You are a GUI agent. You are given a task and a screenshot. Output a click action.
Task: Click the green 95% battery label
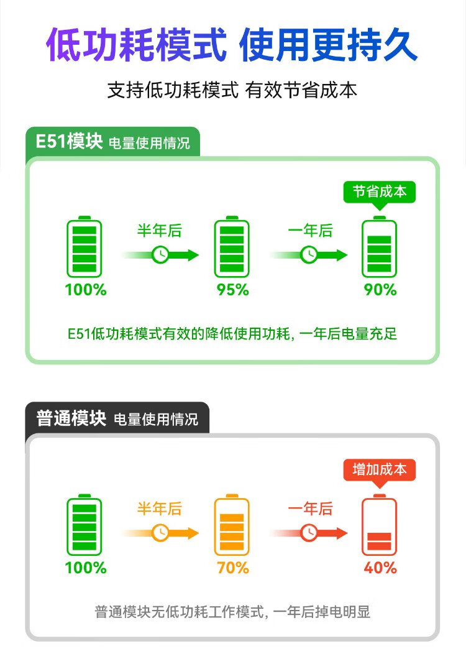[x=232, y=290]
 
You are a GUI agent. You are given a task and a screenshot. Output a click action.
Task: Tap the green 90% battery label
[x=380, y=290]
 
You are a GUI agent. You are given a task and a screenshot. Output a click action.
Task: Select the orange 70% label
[x=232, y=568]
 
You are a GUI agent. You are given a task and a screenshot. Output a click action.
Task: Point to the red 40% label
[x=380, y=568]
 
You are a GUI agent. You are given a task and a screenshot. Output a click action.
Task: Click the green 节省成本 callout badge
[x=380, y=192]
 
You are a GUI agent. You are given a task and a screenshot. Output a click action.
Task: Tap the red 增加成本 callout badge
[x=380, y=469]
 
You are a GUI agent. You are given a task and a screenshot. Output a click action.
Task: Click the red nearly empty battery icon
[x=380, y=526]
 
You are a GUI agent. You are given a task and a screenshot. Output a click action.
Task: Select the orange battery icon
[x=232, y=526]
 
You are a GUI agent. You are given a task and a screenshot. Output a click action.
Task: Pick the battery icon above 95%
[x=232, y=248]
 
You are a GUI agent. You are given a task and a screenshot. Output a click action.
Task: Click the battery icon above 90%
[x=380, y=248]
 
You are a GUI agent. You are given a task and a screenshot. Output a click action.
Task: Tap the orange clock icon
[x=160, y=533]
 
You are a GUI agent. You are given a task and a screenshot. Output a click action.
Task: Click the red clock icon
[x=309, y=533]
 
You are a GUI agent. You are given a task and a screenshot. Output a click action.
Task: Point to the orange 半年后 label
[x=160, y=509]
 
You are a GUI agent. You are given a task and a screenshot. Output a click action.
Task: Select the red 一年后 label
[x=310, y=509]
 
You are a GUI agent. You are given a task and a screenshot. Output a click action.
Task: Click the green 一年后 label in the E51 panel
[x=310, y=231]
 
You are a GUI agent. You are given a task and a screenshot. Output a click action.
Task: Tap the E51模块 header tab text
[x=68, y=142]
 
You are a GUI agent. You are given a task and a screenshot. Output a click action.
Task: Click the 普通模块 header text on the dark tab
[x=71, y=418]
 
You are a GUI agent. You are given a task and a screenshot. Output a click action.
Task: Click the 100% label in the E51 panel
[x=86, y=290]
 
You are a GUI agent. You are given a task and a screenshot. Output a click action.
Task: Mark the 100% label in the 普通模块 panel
[x=86, y=568]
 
